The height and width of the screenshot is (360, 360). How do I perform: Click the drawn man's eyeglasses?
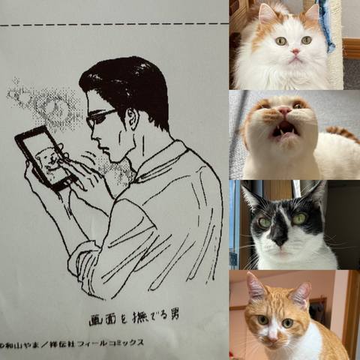[x=100, y=118]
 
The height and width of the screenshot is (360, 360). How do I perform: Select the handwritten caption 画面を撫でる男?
[x=134, y=318]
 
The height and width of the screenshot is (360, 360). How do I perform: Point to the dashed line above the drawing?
[x=114, y=25]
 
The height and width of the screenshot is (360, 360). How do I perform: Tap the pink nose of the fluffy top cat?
[x=295, y=52]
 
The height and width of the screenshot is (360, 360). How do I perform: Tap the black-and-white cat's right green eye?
[x=299, y=218]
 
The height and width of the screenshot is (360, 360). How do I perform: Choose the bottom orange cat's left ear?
[x=256, y=287]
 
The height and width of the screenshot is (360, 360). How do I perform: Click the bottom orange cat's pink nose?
[x=272, y=339]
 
